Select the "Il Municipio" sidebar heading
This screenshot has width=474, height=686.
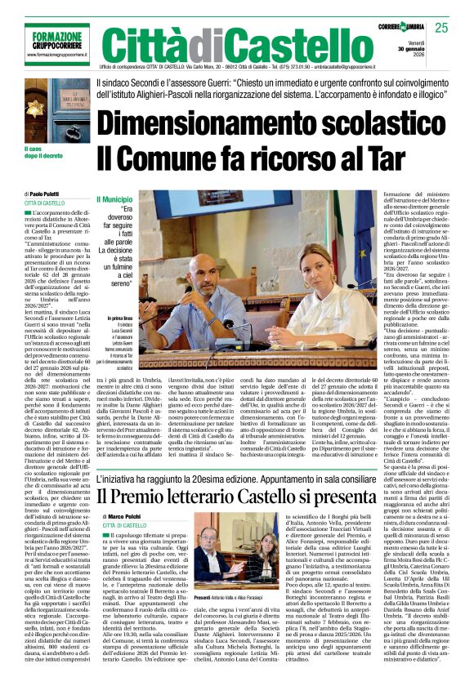pyautogui.click(x=113, y=198)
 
